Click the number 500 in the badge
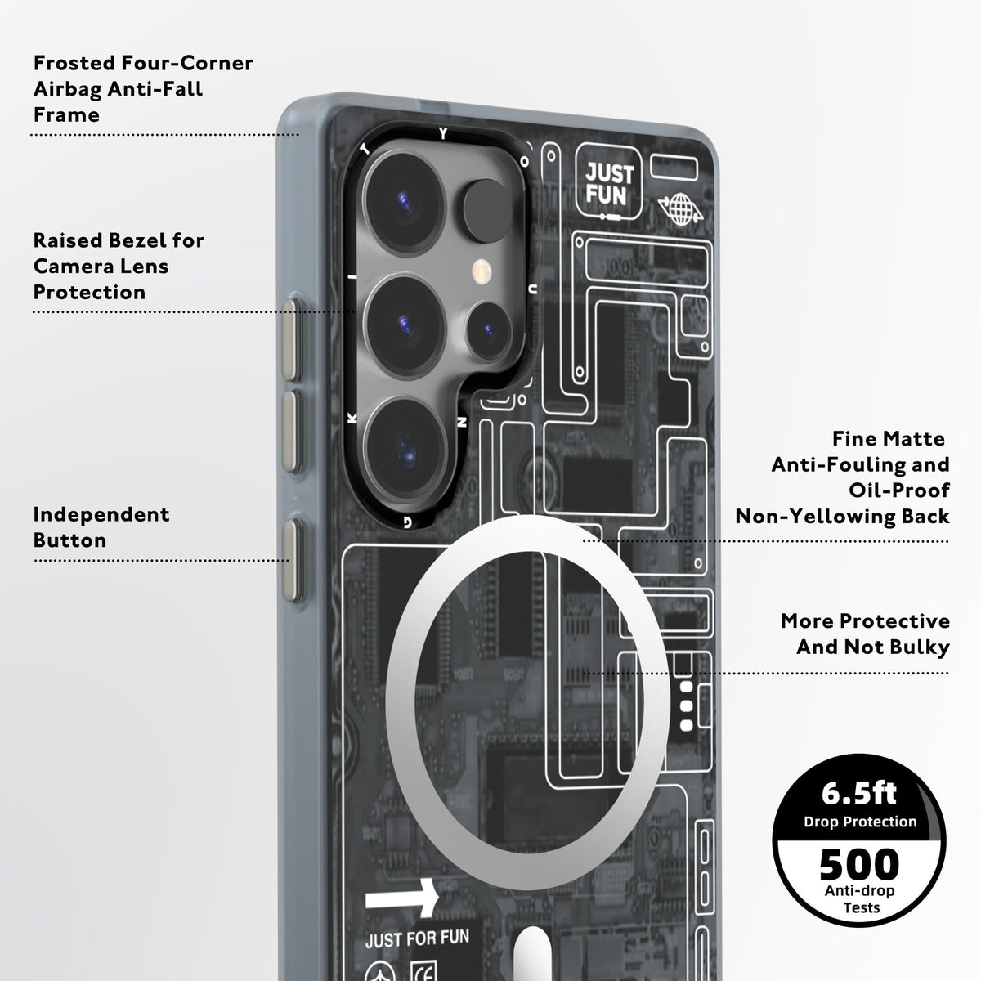(858, 864)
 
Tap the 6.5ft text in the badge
(858, 793)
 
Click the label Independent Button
(101, 527)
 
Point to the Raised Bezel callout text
(119, 266)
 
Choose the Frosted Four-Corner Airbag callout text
(143, 88)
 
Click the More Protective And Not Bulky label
(865, 634)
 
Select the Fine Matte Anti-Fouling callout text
(842, 477)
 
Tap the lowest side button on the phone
(291, 556)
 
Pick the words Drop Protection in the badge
(860, 822)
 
